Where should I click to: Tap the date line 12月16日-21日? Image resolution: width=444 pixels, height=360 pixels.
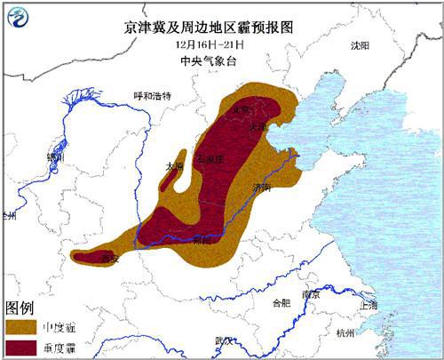[x=221, y=44]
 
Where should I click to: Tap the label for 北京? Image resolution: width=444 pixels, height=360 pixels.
[x=240, y=109]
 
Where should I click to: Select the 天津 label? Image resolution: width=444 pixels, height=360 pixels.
[x=258, y=127]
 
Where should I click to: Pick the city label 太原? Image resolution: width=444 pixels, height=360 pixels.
[x=174, y=166]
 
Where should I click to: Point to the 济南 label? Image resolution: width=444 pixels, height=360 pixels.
[x=260, y=188]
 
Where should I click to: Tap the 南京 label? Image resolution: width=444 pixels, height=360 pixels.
[x=310, y=293]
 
